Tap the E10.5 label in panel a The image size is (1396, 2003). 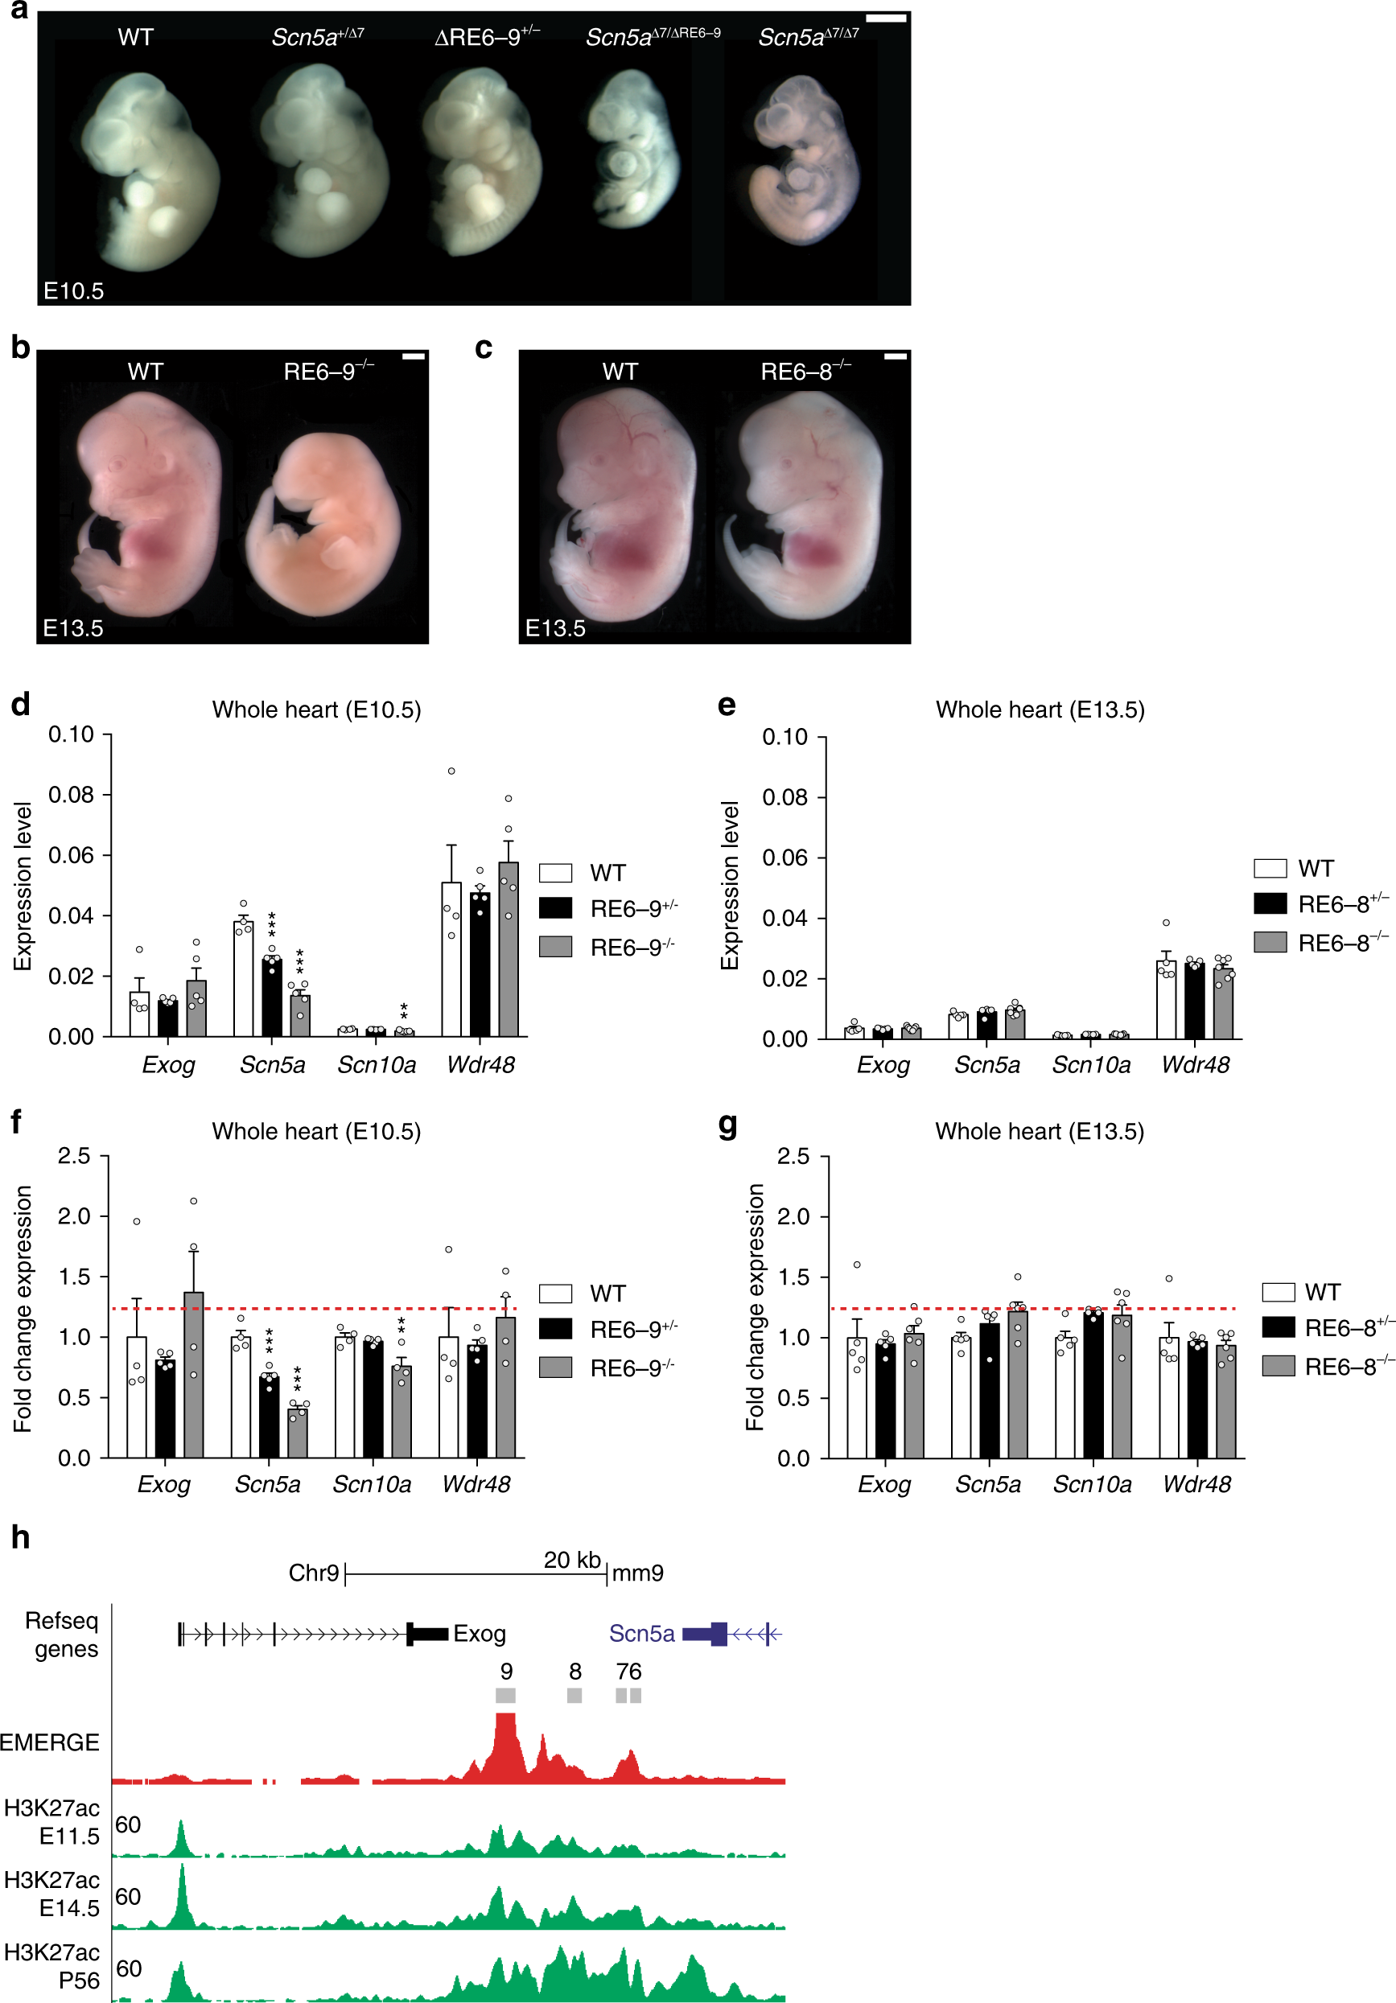(73, 290)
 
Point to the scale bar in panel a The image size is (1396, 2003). (886, 19)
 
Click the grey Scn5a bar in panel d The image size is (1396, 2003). (300, 1014)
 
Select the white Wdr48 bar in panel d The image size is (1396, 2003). (451, 959)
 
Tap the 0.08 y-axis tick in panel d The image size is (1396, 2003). (71, 795)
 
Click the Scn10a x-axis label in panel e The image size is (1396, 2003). (1090, 1065)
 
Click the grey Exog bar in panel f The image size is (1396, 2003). (194, 1375)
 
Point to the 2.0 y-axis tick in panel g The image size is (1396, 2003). (793, 1216)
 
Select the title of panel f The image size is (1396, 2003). (316, 1132)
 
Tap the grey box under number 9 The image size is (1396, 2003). (505, 1695)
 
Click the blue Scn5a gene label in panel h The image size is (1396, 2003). (641, 1633)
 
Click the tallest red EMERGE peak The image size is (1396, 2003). (505, 1736)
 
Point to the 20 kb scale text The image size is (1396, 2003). (571, 1559)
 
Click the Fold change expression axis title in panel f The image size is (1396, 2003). (23, 1309)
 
